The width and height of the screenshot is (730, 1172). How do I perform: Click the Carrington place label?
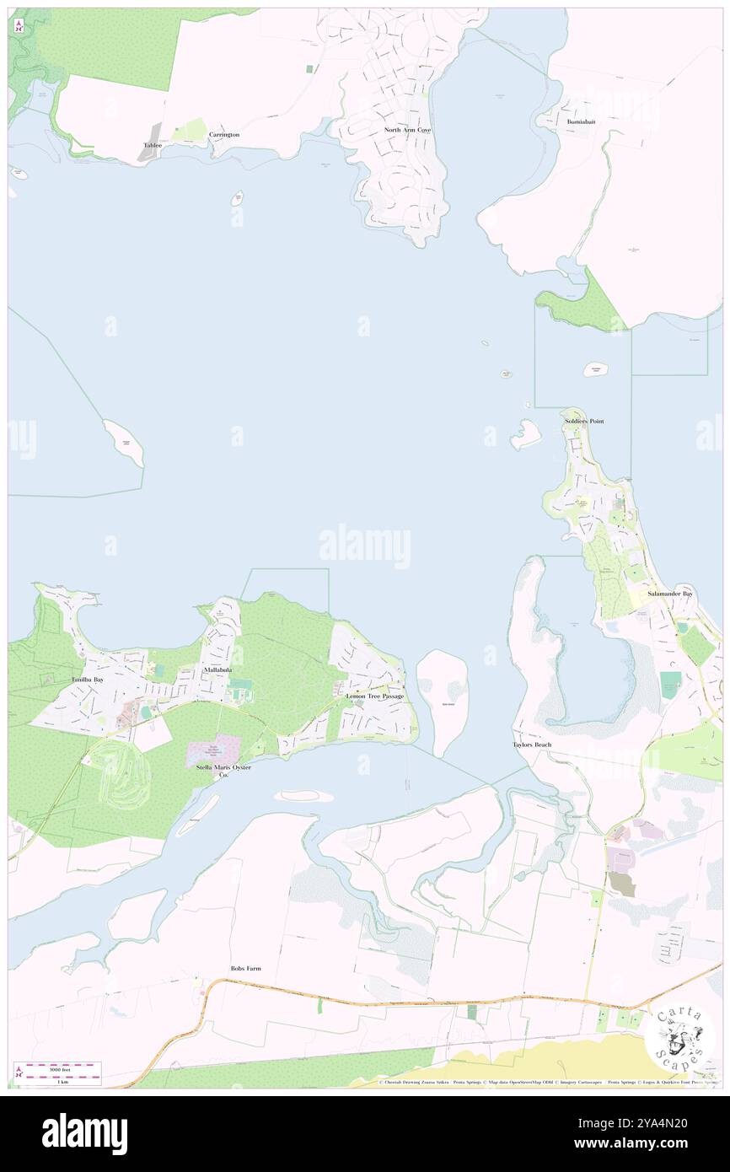(224, 135)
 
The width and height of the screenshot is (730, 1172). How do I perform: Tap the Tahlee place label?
(153, 145)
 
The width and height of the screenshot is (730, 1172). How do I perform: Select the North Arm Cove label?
(407, 130)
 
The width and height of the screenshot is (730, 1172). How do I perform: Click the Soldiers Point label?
(584, 421)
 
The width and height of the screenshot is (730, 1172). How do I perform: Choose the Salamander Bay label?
(670, 594)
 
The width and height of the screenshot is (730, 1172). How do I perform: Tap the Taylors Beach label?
(532, 745)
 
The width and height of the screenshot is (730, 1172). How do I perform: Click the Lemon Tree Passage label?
(374, 696)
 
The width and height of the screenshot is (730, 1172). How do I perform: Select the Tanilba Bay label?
(88, 679)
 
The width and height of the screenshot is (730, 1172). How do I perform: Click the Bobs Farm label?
(245, 969)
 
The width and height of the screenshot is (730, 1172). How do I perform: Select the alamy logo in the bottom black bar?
(84, 1133)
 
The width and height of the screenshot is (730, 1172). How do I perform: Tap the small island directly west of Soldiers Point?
(524, 434)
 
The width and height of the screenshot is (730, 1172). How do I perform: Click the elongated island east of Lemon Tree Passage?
(443, 700)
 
